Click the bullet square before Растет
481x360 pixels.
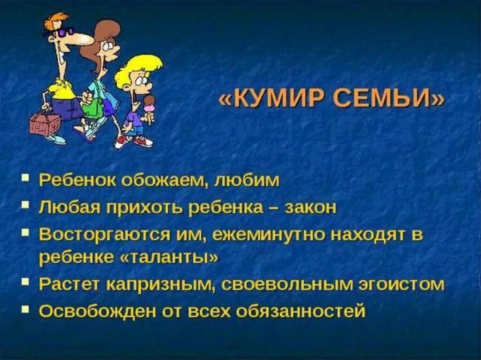27,283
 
